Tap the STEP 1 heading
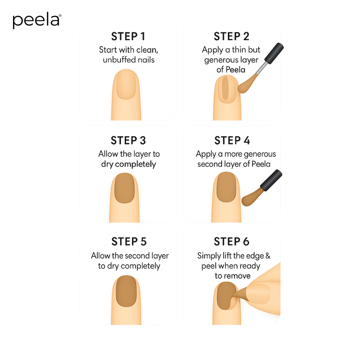point(128,36)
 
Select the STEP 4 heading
point(232,140)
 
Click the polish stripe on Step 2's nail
point(226,88)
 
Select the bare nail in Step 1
point(126,85)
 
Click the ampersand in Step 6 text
point(268,256)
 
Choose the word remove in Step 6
point(237,276)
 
